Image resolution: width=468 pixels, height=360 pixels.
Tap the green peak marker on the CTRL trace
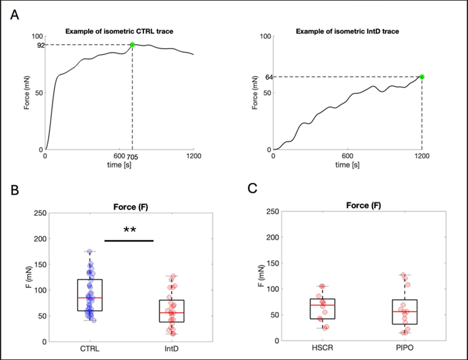132,45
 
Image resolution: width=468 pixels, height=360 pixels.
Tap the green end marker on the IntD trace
422,77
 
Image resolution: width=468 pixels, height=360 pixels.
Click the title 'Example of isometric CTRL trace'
119,31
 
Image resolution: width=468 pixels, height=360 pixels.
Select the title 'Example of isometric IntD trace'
348,31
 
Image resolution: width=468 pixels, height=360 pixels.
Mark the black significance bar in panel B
129,241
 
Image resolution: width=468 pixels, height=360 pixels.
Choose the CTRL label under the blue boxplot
90,350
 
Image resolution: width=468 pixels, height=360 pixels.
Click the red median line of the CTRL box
90,298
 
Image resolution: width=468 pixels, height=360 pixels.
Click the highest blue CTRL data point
90,251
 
